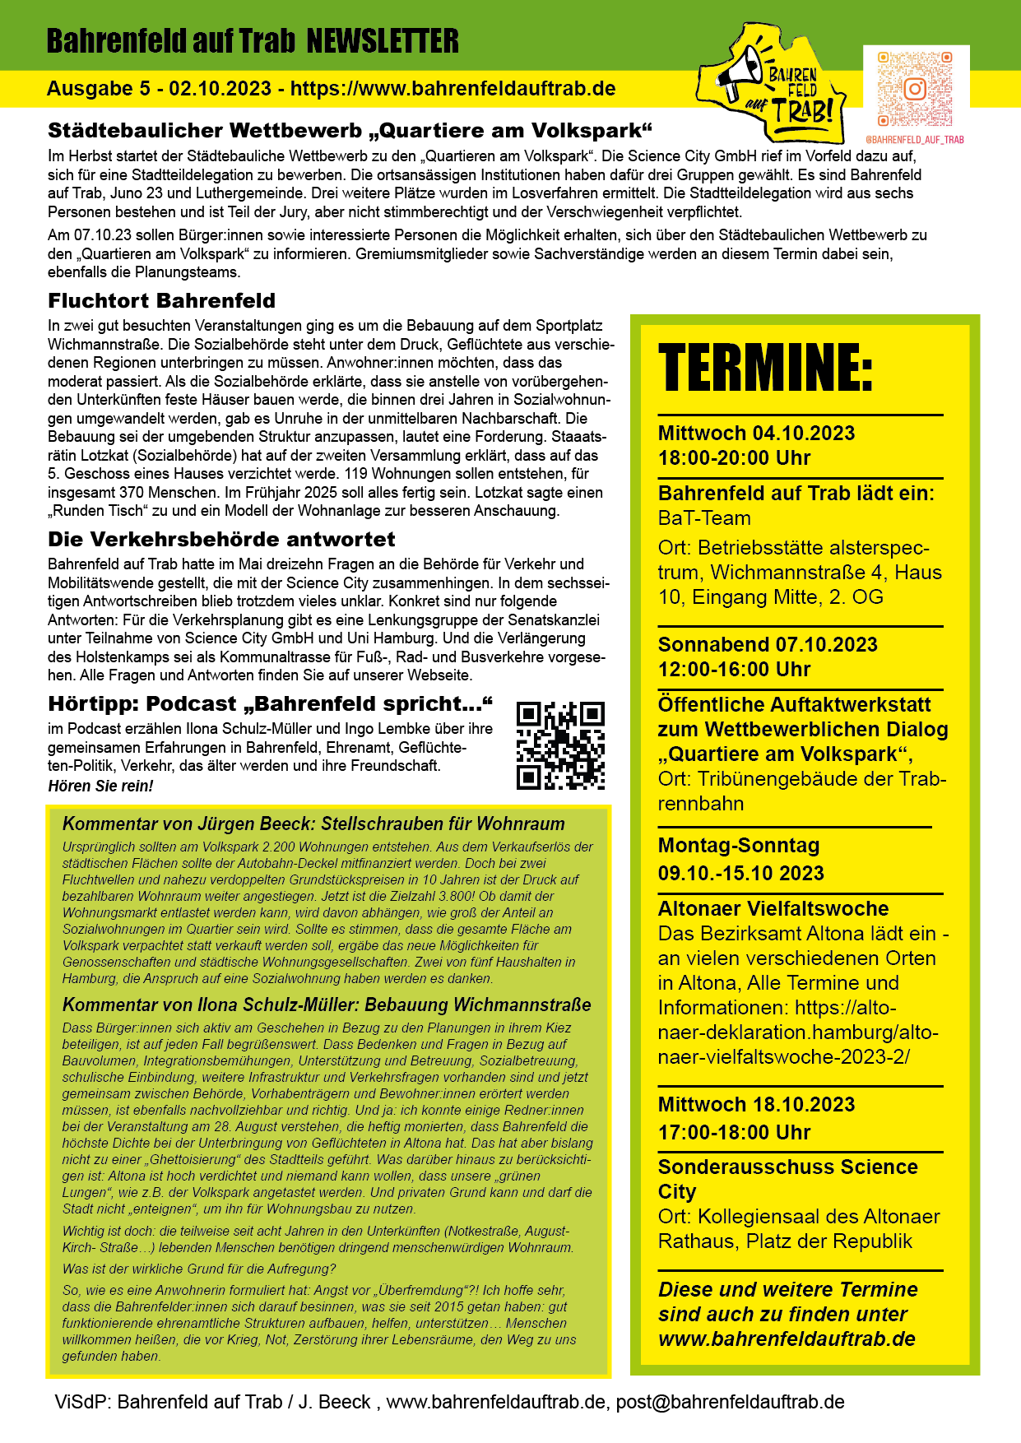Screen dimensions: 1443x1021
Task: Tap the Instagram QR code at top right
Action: click(x=914, y=89)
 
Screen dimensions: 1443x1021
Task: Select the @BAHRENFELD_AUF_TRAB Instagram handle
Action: click(x=914, y=140)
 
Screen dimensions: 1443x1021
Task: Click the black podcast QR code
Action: click(x=560, y=746)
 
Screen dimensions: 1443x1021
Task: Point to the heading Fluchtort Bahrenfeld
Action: click(x=161, y=301)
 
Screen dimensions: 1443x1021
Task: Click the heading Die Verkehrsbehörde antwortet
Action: click(x=221, y=540)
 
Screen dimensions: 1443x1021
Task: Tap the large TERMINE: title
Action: click(x=765, y=367)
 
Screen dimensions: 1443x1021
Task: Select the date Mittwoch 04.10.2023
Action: click(x=756, y=434)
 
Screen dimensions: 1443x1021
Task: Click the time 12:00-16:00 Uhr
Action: click(x=734, y=670)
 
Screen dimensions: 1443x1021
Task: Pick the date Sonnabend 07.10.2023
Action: click(x=768, y=645)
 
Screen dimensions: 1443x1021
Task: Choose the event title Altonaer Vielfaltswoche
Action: click(x=773, y=909)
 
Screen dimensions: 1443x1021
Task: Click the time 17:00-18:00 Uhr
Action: click(x=734, y=1133)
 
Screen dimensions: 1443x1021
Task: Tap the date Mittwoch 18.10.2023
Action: click(x=756, y=1105)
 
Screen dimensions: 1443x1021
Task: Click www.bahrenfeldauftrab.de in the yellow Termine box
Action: click(x=787, y=1339)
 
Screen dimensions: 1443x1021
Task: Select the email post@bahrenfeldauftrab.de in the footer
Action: click(x=730, y=1402)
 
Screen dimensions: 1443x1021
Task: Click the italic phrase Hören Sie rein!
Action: click(x=100, y=786)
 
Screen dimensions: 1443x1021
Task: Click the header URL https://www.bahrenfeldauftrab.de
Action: click(x=452, y=89)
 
